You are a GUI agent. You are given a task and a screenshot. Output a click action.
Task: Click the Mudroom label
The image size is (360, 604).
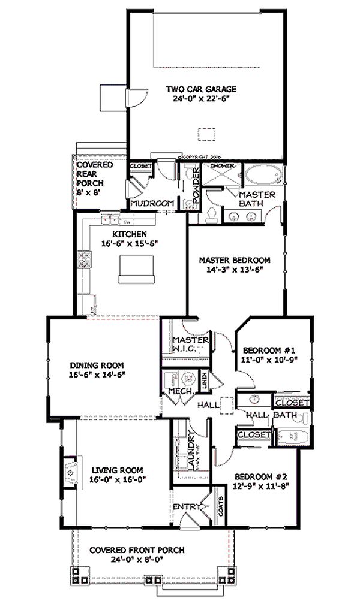coord(152,203)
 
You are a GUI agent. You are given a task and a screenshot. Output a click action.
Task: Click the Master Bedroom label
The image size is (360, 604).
coord(235,260)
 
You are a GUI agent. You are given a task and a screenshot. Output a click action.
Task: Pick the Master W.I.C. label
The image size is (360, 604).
coord(190,344)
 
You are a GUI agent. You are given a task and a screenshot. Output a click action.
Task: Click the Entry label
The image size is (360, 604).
coord(185,507)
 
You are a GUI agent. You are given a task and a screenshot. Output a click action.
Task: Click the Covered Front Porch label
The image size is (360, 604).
coord(137,550)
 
